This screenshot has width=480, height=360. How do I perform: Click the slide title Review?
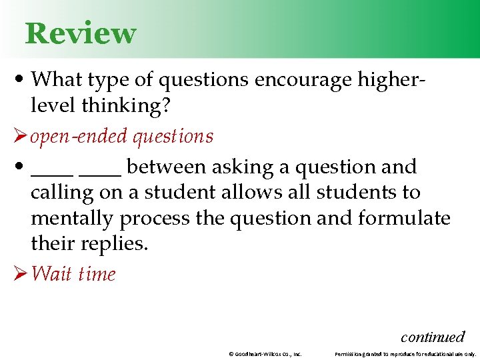(81, 33)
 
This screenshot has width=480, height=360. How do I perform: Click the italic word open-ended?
(79, 137)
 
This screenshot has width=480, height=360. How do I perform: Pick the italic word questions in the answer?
(173, 137)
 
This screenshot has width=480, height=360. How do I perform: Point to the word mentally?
(72, 219)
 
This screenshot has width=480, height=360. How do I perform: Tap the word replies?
(114, 244)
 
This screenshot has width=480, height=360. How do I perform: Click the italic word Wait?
(51, 274)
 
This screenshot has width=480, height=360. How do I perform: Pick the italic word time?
(97, 274)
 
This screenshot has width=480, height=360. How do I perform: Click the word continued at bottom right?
(432, 337)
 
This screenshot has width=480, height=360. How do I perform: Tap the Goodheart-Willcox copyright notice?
(265, 354)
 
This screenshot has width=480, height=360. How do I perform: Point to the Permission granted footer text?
(405, 354)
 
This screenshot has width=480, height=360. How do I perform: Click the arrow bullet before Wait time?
(19, 274)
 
